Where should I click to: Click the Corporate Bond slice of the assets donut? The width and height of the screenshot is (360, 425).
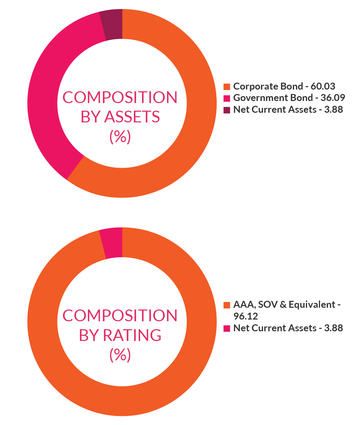[x=194, y=138]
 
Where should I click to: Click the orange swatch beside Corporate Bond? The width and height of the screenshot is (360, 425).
[x=227, y=86]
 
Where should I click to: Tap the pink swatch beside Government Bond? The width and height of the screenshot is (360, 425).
[x=227, y=98]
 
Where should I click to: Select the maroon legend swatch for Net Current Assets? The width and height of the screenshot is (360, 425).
[x=227, y=110]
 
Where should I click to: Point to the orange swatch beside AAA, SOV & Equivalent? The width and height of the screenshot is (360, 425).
[x=227, y=305]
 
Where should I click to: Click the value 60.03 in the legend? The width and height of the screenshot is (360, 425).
[x=323, y=86]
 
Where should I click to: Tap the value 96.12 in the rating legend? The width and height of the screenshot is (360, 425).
[x=246, y=316]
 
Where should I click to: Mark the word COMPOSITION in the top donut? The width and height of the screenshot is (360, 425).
[x=120, y=98]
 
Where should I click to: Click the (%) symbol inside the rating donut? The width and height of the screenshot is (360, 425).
[x=120, y=355]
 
